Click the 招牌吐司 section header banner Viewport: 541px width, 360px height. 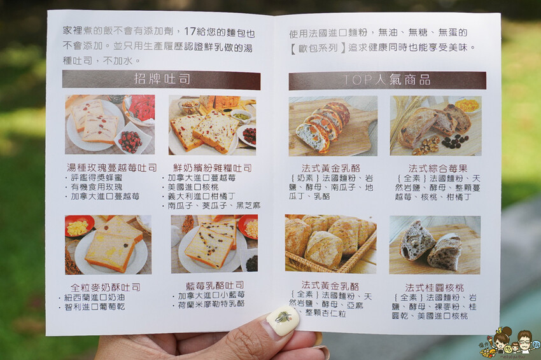161,80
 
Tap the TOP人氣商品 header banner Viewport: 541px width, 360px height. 387,80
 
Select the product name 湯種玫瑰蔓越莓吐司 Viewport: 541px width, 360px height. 112,168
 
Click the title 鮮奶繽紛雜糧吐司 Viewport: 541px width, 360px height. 213,168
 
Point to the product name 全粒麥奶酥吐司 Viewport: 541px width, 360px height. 105,287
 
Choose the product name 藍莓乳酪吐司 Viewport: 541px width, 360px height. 215,286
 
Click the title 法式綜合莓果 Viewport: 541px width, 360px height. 438,169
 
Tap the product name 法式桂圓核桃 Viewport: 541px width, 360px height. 434,287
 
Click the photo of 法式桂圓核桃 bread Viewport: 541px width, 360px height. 435,245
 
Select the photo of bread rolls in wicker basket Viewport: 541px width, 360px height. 330,244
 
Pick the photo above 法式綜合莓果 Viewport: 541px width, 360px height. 436,126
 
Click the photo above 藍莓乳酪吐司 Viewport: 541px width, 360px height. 214,244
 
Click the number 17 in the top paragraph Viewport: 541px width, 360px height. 190,31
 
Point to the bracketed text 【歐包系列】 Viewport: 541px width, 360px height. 318,48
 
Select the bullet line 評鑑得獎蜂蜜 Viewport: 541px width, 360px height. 94,177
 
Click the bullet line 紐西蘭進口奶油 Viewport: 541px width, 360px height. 92,297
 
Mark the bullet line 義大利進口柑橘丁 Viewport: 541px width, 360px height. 199,196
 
